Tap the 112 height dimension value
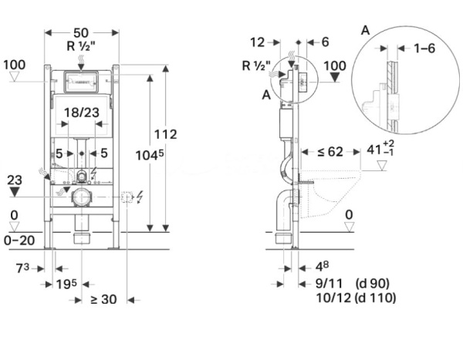165,134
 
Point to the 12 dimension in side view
258,42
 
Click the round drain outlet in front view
80,198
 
